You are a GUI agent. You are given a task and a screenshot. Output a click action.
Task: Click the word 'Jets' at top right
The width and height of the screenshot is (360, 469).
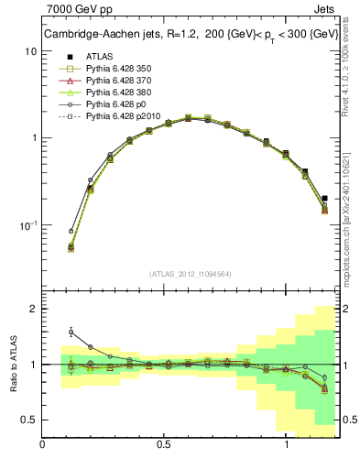[325, 11]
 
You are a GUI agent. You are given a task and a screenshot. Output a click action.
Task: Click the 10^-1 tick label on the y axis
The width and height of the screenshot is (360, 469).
[27, 224]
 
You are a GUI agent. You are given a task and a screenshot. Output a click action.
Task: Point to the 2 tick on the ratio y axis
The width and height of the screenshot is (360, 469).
[34, 309]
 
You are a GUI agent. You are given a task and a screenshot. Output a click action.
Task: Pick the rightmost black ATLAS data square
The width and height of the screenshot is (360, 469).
[325, 198]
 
